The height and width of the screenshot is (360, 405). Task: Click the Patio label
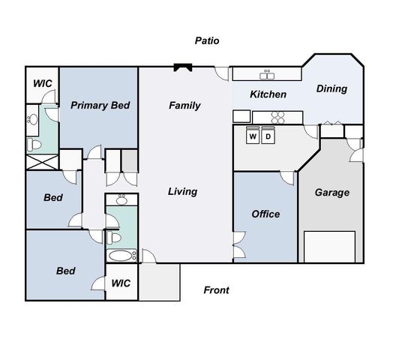pyautogui.click(x=207, y=41)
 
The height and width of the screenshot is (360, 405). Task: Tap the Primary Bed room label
pyautogui.click(x=100, y=106)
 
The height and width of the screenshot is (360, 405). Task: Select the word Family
pyautogui.click(x=184, y=106)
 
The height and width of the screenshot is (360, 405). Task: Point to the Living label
pyautogui.click(x=182, y=192)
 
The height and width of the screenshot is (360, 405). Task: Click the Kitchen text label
pyautogui.click(x=268, y=94)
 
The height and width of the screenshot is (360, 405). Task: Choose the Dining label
pyautogui.click(x=331, y=88)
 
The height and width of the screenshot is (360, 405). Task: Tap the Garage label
pyautogui.click(x=331, y=193)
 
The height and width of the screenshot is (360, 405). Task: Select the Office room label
pyautogui.click(x=265, y=214)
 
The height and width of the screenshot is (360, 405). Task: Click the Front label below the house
pyautogui.click(x=217, y=290)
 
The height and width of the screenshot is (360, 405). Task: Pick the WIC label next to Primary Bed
pyautogui.click(x=42, y=83)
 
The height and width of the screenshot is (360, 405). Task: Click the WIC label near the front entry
pyautogui.click(x=121, y=283)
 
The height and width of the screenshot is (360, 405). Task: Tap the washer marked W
pyautogui.click(x=253, y=136)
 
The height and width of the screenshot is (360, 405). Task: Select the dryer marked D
pyautogui.click(x=268, y=136)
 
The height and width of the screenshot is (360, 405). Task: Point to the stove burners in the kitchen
pyautogui.click(x=277, y=117)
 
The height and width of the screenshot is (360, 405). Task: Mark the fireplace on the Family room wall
pyautogui.click(x=183, y=67)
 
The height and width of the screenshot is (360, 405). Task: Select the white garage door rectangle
pyautogui.click(x=329, y=247)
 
